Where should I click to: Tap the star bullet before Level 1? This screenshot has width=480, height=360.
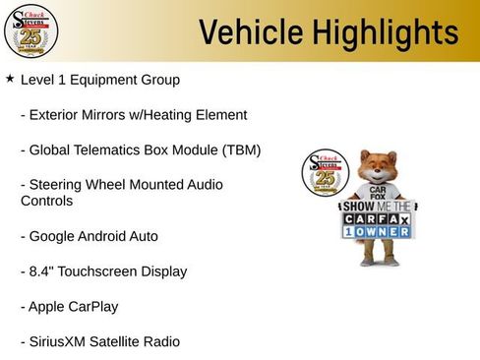pyautogui.click(x=10, y=78)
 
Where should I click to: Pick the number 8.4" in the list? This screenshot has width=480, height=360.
pyautogui.click(x=42, y=270)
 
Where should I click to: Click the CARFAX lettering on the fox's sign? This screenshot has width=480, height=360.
pyautogui.click(x=379, y=218)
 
